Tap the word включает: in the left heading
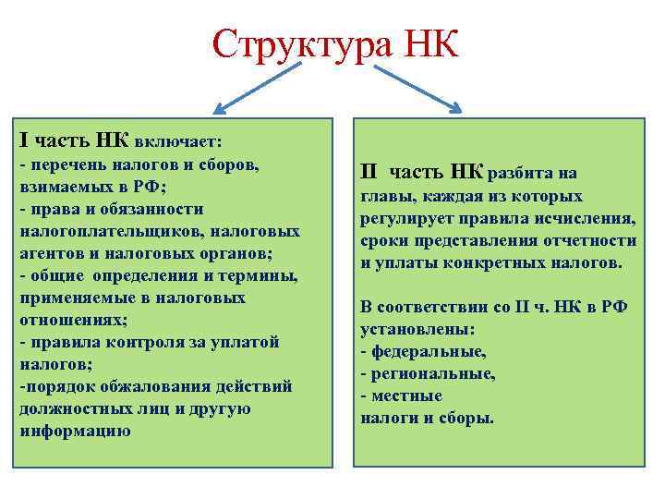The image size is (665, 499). (177, 142)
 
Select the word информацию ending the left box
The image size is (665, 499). (75, 431)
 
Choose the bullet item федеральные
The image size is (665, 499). (427, 351)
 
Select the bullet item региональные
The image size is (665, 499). (431, 373)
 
